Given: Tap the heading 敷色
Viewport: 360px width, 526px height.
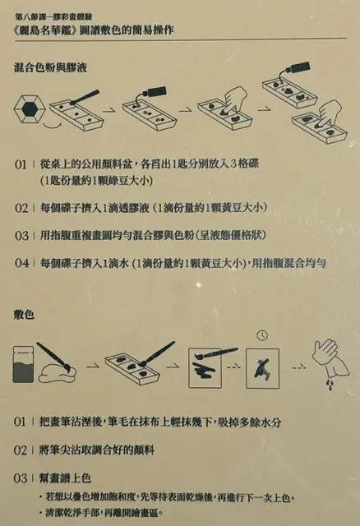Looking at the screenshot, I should [25, 312].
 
